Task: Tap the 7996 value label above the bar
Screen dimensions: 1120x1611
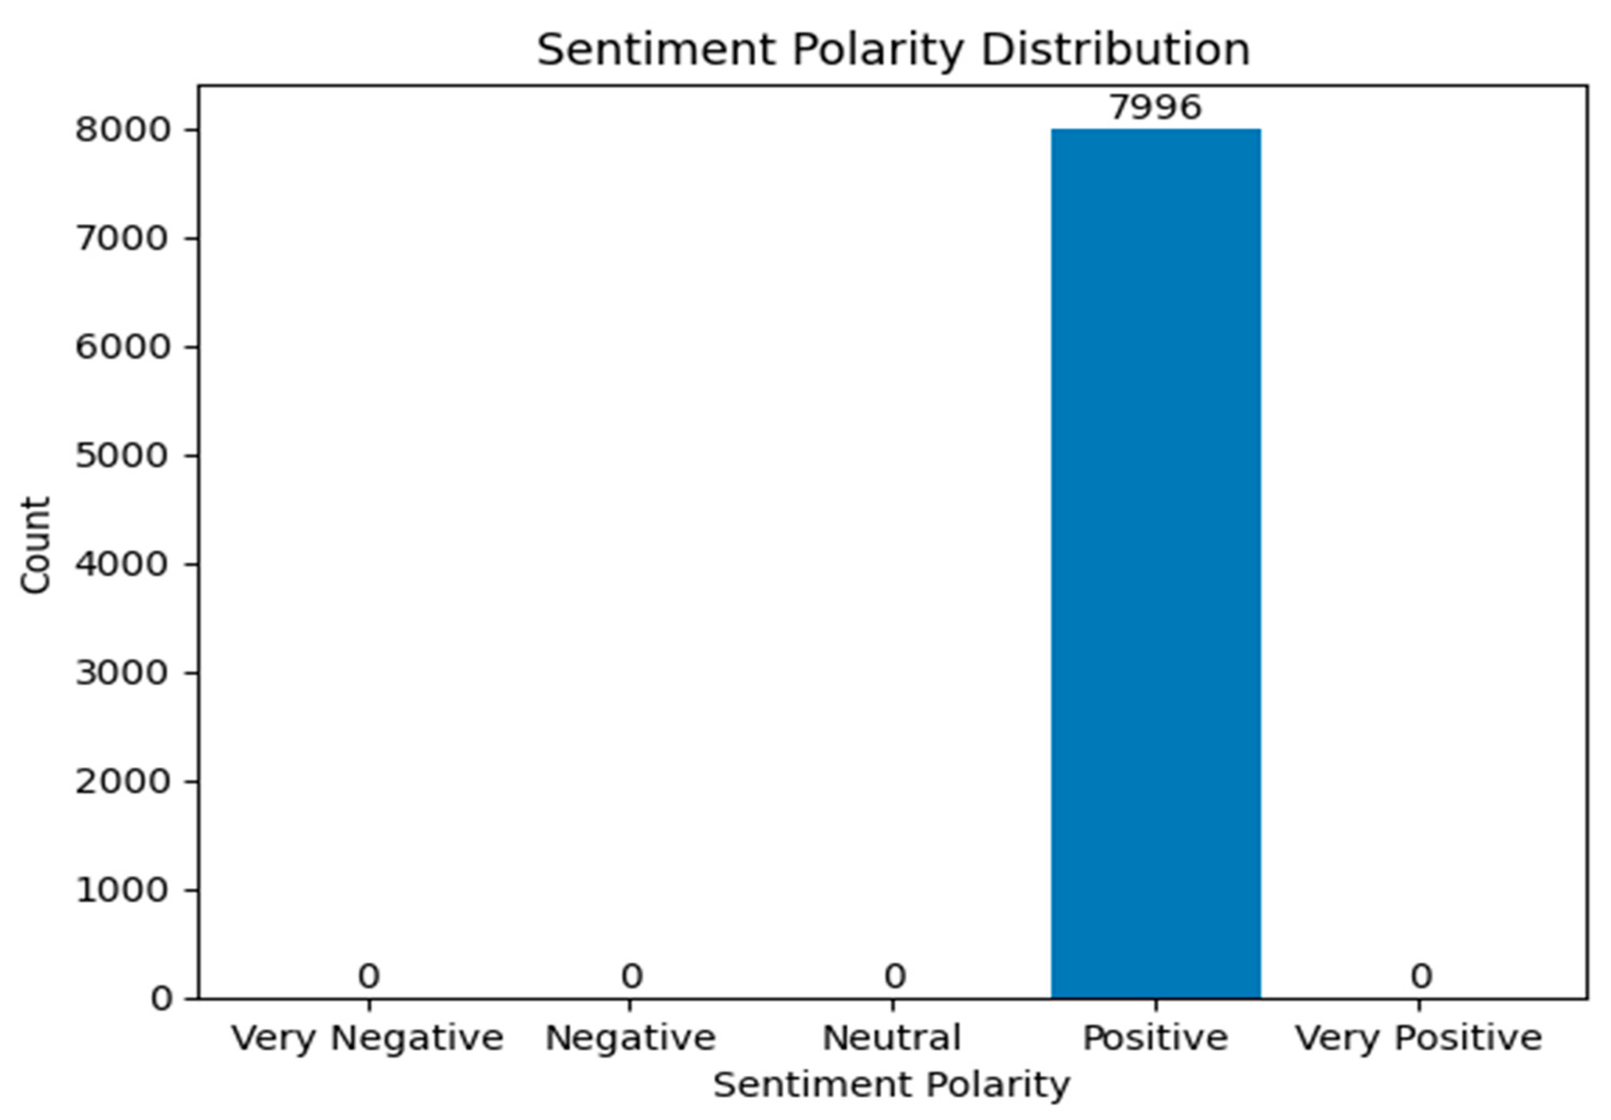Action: point(1156,107)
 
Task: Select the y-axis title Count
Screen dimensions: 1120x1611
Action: point(35,545)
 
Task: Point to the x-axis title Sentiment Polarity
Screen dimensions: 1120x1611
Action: point(892,1085)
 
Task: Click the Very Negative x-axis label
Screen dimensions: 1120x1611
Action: point(368,1038)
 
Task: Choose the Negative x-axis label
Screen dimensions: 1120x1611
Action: point(630,1038)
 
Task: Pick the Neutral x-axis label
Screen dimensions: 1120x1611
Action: point(892,1038)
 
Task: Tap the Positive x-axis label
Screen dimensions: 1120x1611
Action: point(1156,1038)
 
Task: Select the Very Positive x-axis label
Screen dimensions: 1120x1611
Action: point(1418,1038)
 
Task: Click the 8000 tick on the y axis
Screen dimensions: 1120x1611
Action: point(123,130)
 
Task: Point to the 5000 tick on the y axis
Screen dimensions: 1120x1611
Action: point(123,455)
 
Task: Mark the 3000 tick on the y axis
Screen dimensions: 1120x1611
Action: point(123,673)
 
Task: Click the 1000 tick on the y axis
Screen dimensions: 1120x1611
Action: point(123,890)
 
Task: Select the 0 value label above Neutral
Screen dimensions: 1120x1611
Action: point(894,976)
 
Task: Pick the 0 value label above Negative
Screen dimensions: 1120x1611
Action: point(632,976)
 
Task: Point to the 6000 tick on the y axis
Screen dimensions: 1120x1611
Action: point(123,347)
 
